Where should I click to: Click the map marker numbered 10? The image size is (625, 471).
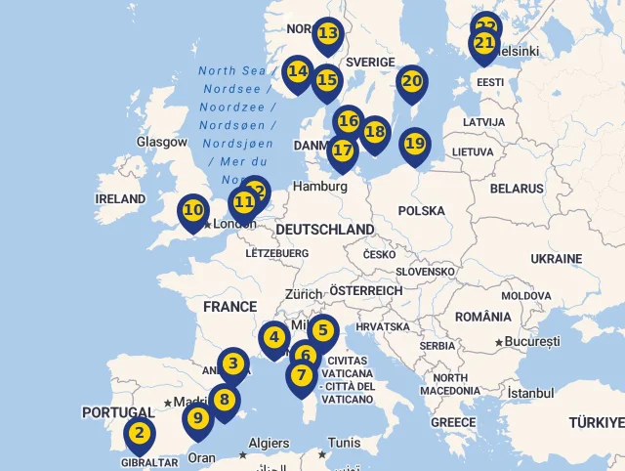(x=192, y=210)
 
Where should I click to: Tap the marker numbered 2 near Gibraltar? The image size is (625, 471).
(x=140, y=433)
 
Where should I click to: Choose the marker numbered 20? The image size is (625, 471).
(x=411, y=82)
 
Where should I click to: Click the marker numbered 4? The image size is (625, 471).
(x=274, y=339)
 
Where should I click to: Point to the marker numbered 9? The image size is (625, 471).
(x=198, y=419)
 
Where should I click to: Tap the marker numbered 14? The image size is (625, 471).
(x=298, y=72)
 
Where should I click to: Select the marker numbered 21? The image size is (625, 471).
(x=483, y=44)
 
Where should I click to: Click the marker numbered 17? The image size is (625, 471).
(x=342, y=151)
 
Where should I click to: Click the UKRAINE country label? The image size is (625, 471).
(x=556, y=258)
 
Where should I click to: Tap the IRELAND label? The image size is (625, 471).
(x=120, y=198)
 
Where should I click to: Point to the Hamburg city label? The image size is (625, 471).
(x=319, y=186)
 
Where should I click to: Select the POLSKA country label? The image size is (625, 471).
(x=421, y=210)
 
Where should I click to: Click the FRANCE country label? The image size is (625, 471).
(x=229, y=306)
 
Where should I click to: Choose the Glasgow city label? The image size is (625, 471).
(x=161, y=142)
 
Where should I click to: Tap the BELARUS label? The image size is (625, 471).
(x=517, y=188)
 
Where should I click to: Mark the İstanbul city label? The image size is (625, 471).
(x=530, y=393)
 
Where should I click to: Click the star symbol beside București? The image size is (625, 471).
(x=499, y=342)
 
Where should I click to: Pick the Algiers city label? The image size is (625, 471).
(x=269, y=443)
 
